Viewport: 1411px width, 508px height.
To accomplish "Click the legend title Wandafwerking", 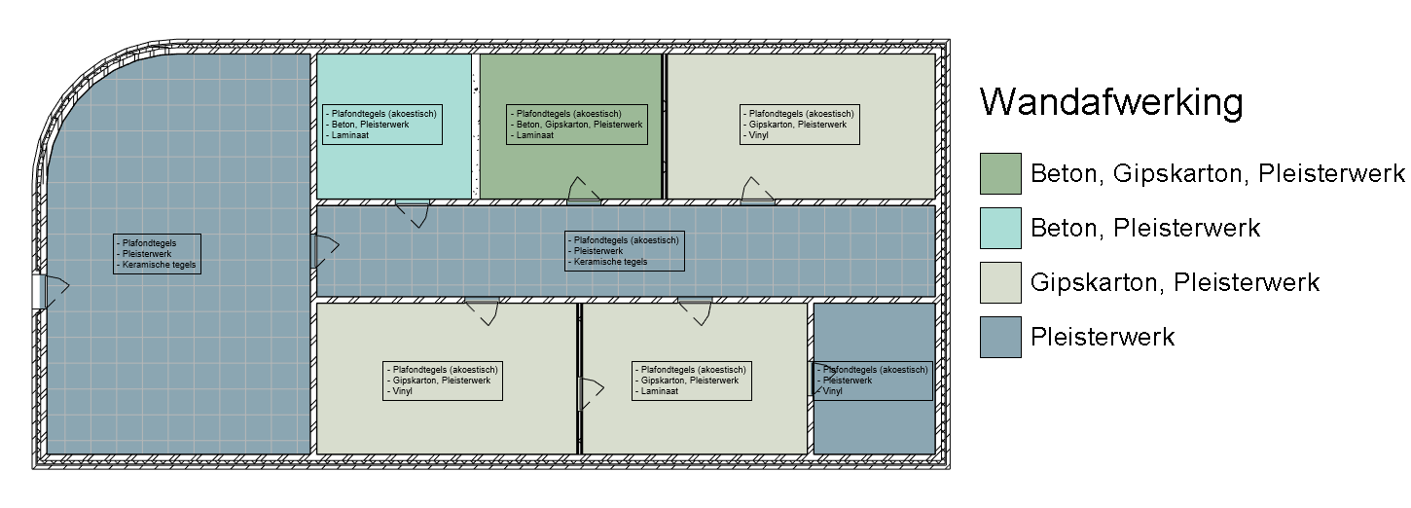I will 1111,103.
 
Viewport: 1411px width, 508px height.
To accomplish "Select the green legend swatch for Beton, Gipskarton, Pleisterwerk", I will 1000,173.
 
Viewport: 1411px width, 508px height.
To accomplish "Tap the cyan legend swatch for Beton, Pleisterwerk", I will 1000,228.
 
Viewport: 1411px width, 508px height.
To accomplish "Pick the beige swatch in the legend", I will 1000,282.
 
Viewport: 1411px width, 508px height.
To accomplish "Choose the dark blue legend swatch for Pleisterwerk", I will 1000,337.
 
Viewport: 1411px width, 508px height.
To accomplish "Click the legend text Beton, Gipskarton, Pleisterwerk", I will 1217,174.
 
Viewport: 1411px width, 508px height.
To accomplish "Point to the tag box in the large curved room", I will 158,253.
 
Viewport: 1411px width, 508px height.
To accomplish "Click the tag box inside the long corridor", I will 625,250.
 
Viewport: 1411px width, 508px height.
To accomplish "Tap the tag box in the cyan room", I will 381,124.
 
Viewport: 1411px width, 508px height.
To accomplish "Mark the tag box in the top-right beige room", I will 800,125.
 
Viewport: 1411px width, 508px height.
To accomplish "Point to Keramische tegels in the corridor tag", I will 610,262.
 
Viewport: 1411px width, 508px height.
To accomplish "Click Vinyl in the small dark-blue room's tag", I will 833,391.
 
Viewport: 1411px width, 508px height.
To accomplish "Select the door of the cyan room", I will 415,208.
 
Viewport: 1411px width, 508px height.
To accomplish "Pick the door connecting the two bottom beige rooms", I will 585,392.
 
